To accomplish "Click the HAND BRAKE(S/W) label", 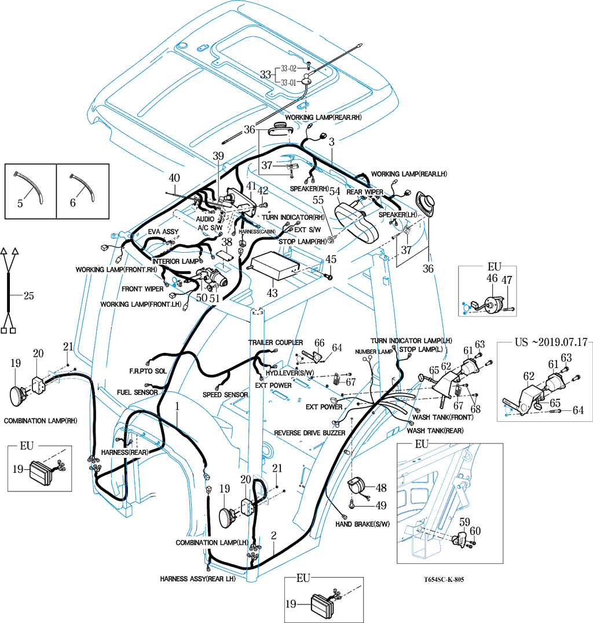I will [363, 524].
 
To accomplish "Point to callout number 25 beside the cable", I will [28, 296].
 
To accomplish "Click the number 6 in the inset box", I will [72, 203].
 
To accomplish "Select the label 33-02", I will [289, 67].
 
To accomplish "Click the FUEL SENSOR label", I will [138, 392].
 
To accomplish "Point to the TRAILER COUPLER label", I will [276, 343].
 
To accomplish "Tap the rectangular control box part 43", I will [272, 264].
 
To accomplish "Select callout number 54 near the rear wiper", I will [335, 192].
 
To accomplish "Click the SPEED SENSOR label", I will [225, 395].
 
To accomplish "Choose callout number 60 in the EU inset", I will [475, 530].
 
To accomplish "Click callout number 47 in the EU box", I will [507, 280].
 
